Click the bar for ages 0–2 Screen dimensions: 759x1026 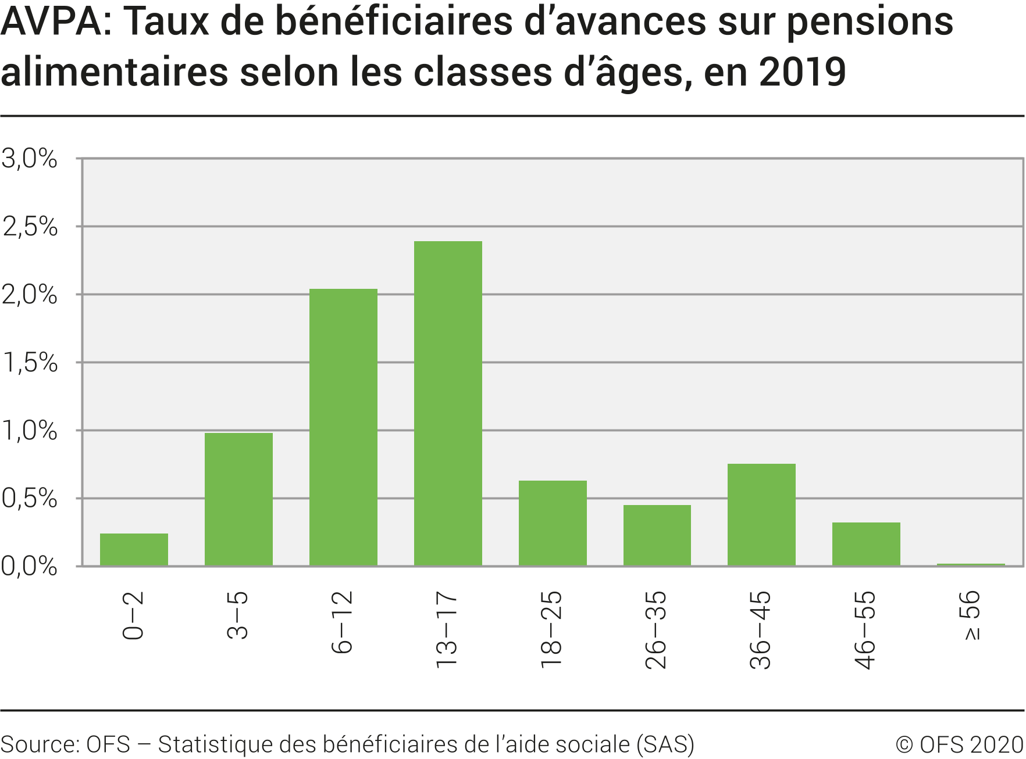(134, 549)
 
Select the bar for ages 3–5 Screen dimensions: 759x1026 (238, 499)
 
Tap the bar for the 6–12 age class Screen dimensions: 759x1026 (343, 427)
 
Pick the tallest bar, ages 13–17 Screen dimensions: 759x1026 (448, 403)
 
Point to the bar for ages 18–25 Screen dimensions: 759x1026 (553, 523)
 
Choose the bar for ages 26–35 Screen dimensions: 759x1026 (657, 535)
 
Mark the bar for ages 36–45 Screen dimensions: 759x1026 (761, 514)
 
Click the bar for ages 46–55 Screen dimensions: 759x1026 (866, 544)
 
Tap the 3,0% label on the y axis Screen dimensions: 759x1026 (30, 159)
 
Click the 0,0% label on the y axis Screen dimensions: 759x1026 (30, 566)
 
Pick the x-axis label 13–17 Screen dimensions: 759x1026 (447, 629)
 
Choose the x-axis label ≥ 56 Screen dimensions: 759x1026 (971, 615)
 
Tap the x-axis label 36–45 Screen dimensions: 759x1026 (761, 629)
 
